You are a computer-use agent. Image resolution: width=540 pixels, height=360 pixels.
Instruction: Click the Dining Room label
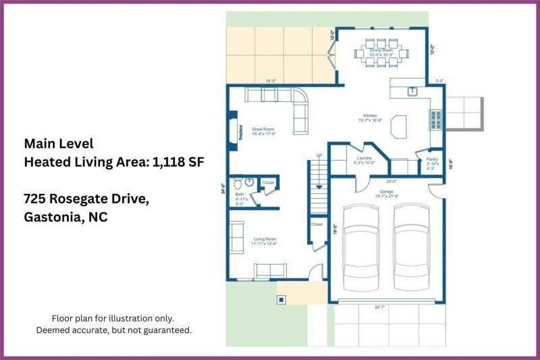[381, 51]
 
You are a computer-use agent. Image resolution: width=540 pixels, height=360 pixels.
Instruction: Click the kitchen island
[400, 125]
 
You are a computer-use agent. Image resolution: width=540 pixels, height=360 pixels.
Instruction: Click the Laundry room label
[364, 160]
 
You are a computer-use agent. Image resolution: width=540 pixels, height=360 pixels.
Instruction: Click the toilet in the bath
[237, 183]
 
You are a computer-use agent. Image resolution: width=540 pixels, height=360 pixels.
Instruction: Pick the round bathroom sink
[249, 181]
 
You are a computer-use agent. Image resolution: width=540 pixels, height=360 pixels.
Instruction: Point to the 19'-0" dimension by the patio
[271, 81]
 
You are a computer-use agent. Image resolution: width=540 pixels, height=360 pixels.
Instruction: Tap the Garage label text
[386, 192]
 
